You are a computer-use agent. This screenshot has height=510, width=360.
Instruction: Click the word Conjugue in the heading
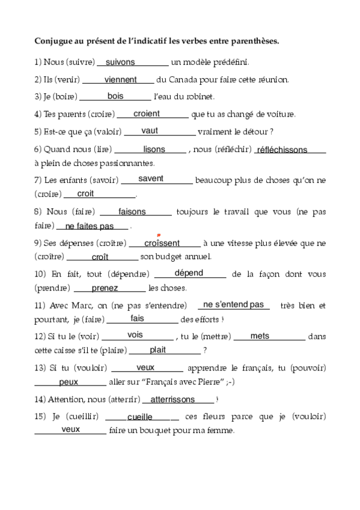(55, 41)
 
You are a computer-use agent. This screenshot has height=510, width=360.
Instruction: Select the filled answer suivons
(120, 61)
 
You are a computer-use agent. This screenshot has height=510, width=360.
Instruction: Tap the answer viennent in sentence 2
(121, 79)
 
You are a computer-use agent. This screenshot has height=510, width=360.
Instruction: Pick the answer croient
(147, 113)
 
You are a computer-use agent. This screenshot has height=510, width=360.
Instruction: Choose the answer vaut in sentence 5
(150, 130)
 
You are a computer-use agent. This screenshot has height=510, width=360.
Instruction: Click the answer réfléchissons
(282, 150)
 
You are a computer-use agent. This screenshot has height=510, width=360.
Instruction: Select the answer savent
(151, 178)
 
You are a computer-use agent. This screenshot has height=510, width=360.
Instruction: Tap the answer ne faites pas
(90, 226)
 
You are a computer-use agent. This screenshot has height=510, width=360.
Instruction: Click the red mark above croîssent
(157, 235)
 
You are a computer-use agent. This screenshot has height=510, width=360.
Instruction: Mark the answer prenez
(105, 288)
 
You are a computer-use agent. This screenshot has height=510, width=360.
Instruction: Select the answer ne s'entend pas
(234, 304)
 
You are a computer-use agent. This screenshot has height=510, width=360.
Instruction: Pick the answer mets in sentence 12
(260, 336)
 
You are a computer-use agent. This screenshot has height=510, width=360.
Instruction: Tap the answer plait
(157, 349)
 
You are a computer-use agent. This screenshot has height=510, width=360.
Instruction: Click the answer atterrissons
(172, 399)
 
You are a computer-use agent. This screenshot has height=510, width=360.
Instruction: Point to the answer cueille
(140, 416)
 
